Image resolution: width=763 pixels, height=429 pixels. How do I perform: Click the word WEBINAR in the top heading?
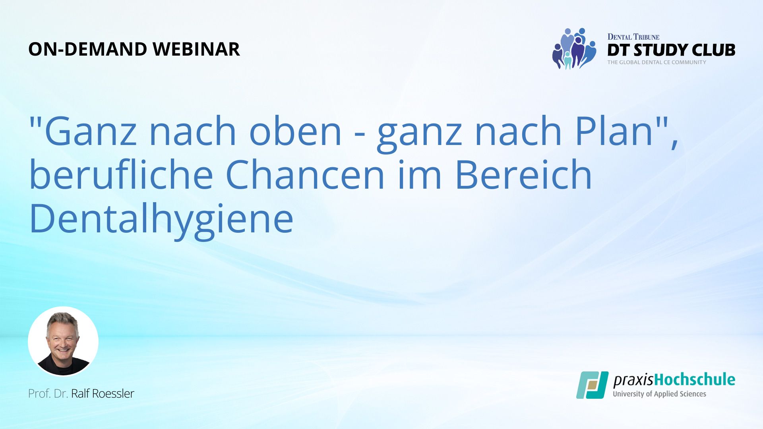point(196,49)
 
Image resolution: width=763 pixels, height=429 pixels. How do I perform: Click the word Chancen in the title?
point(305,175)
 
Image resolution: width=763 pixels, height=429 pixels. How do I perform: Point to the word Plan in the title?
point(614,131)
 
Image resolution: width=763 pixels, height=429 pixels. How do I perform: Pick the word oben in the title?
point(295,131)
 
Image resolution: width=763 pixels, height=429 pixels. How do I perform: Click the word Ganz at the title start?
point(91,131)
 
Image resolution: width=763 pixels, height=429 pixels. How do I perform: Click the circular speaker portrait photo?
point(63,341)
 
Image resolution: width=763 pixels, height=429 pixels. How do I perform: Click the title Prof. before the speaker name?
point(39,393)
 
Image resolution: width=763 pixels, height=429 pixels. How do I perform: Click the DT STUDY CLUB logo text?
point(671,50)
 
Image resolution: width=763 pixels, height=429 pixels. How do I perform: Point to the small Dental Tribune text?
point(633,37)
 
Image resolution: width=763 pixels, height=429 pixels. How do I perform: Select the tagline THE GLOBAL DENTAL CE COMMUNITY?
point(657,62)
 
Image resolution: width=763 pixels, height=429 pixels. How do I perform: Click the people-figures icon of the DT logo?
point(574,48)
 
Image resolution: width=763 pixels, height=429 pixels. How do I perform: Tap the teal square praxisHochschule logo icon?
point(593,385)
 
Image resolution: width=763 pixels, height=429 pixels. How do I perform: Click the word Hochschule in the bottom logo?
point(695,380)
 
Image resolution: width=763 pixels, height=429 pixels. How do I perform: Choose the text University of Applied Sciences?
point(660,394)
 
